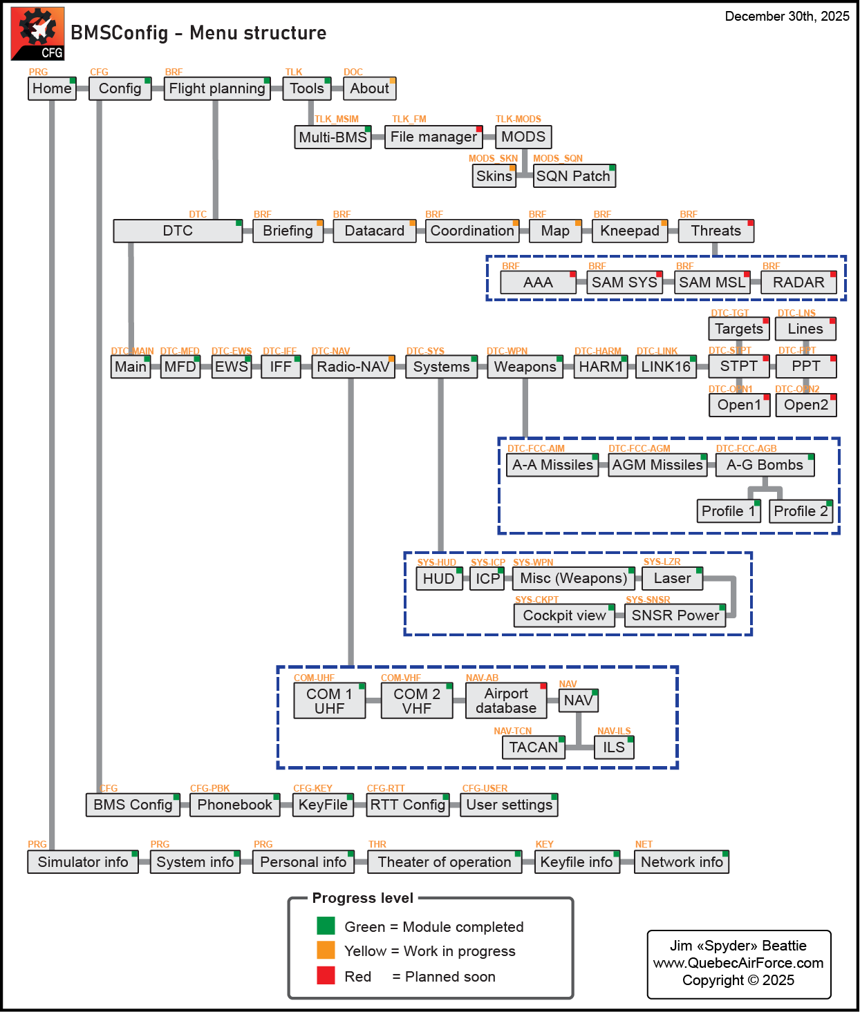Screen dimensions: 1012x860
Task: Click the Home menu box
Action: [52, 88]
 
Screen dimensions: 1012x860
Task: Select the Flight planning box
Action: [216, 88]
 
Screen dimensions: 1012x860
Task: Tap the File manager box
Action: [433, 137]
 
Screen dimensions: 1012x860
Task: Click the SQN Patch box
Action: [574, 176]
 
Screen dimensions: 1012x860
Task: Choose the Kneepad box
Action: [629, 231]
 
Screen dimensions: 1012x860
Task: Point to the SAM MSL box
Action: [712, 283]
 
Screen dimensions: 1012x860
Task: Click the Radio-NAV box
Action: [353, 367]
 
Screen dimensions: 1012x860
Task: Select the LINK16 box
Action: [666, 367]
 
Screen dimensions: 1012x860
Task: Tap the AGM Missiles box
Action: [657, 465]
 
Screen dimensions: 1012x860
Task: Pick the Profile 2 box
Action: [801, 511]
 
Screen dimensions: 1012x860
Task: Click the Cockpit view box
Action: [564, 615]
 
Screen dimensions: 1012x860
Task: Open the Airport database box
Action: [506, 700]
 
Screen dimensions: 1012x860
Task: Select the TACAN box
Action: [533, 747]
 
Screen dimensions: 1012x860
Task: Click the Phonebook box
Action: [234, 805]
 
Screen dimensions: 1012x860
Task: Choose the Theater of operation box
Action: [445, 862]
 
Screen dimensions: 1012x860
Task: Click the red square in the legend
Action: [326, 975]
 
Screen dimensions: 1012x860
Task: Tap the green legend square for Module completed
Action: [326, 926]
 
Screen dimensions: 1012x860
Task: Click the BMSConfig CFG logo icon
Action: [38, 34]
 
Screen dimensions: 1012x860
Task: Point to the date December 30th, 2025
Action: [787, 17]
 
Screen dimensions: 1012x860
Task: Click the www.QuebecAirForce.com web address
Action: [738, 963]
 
